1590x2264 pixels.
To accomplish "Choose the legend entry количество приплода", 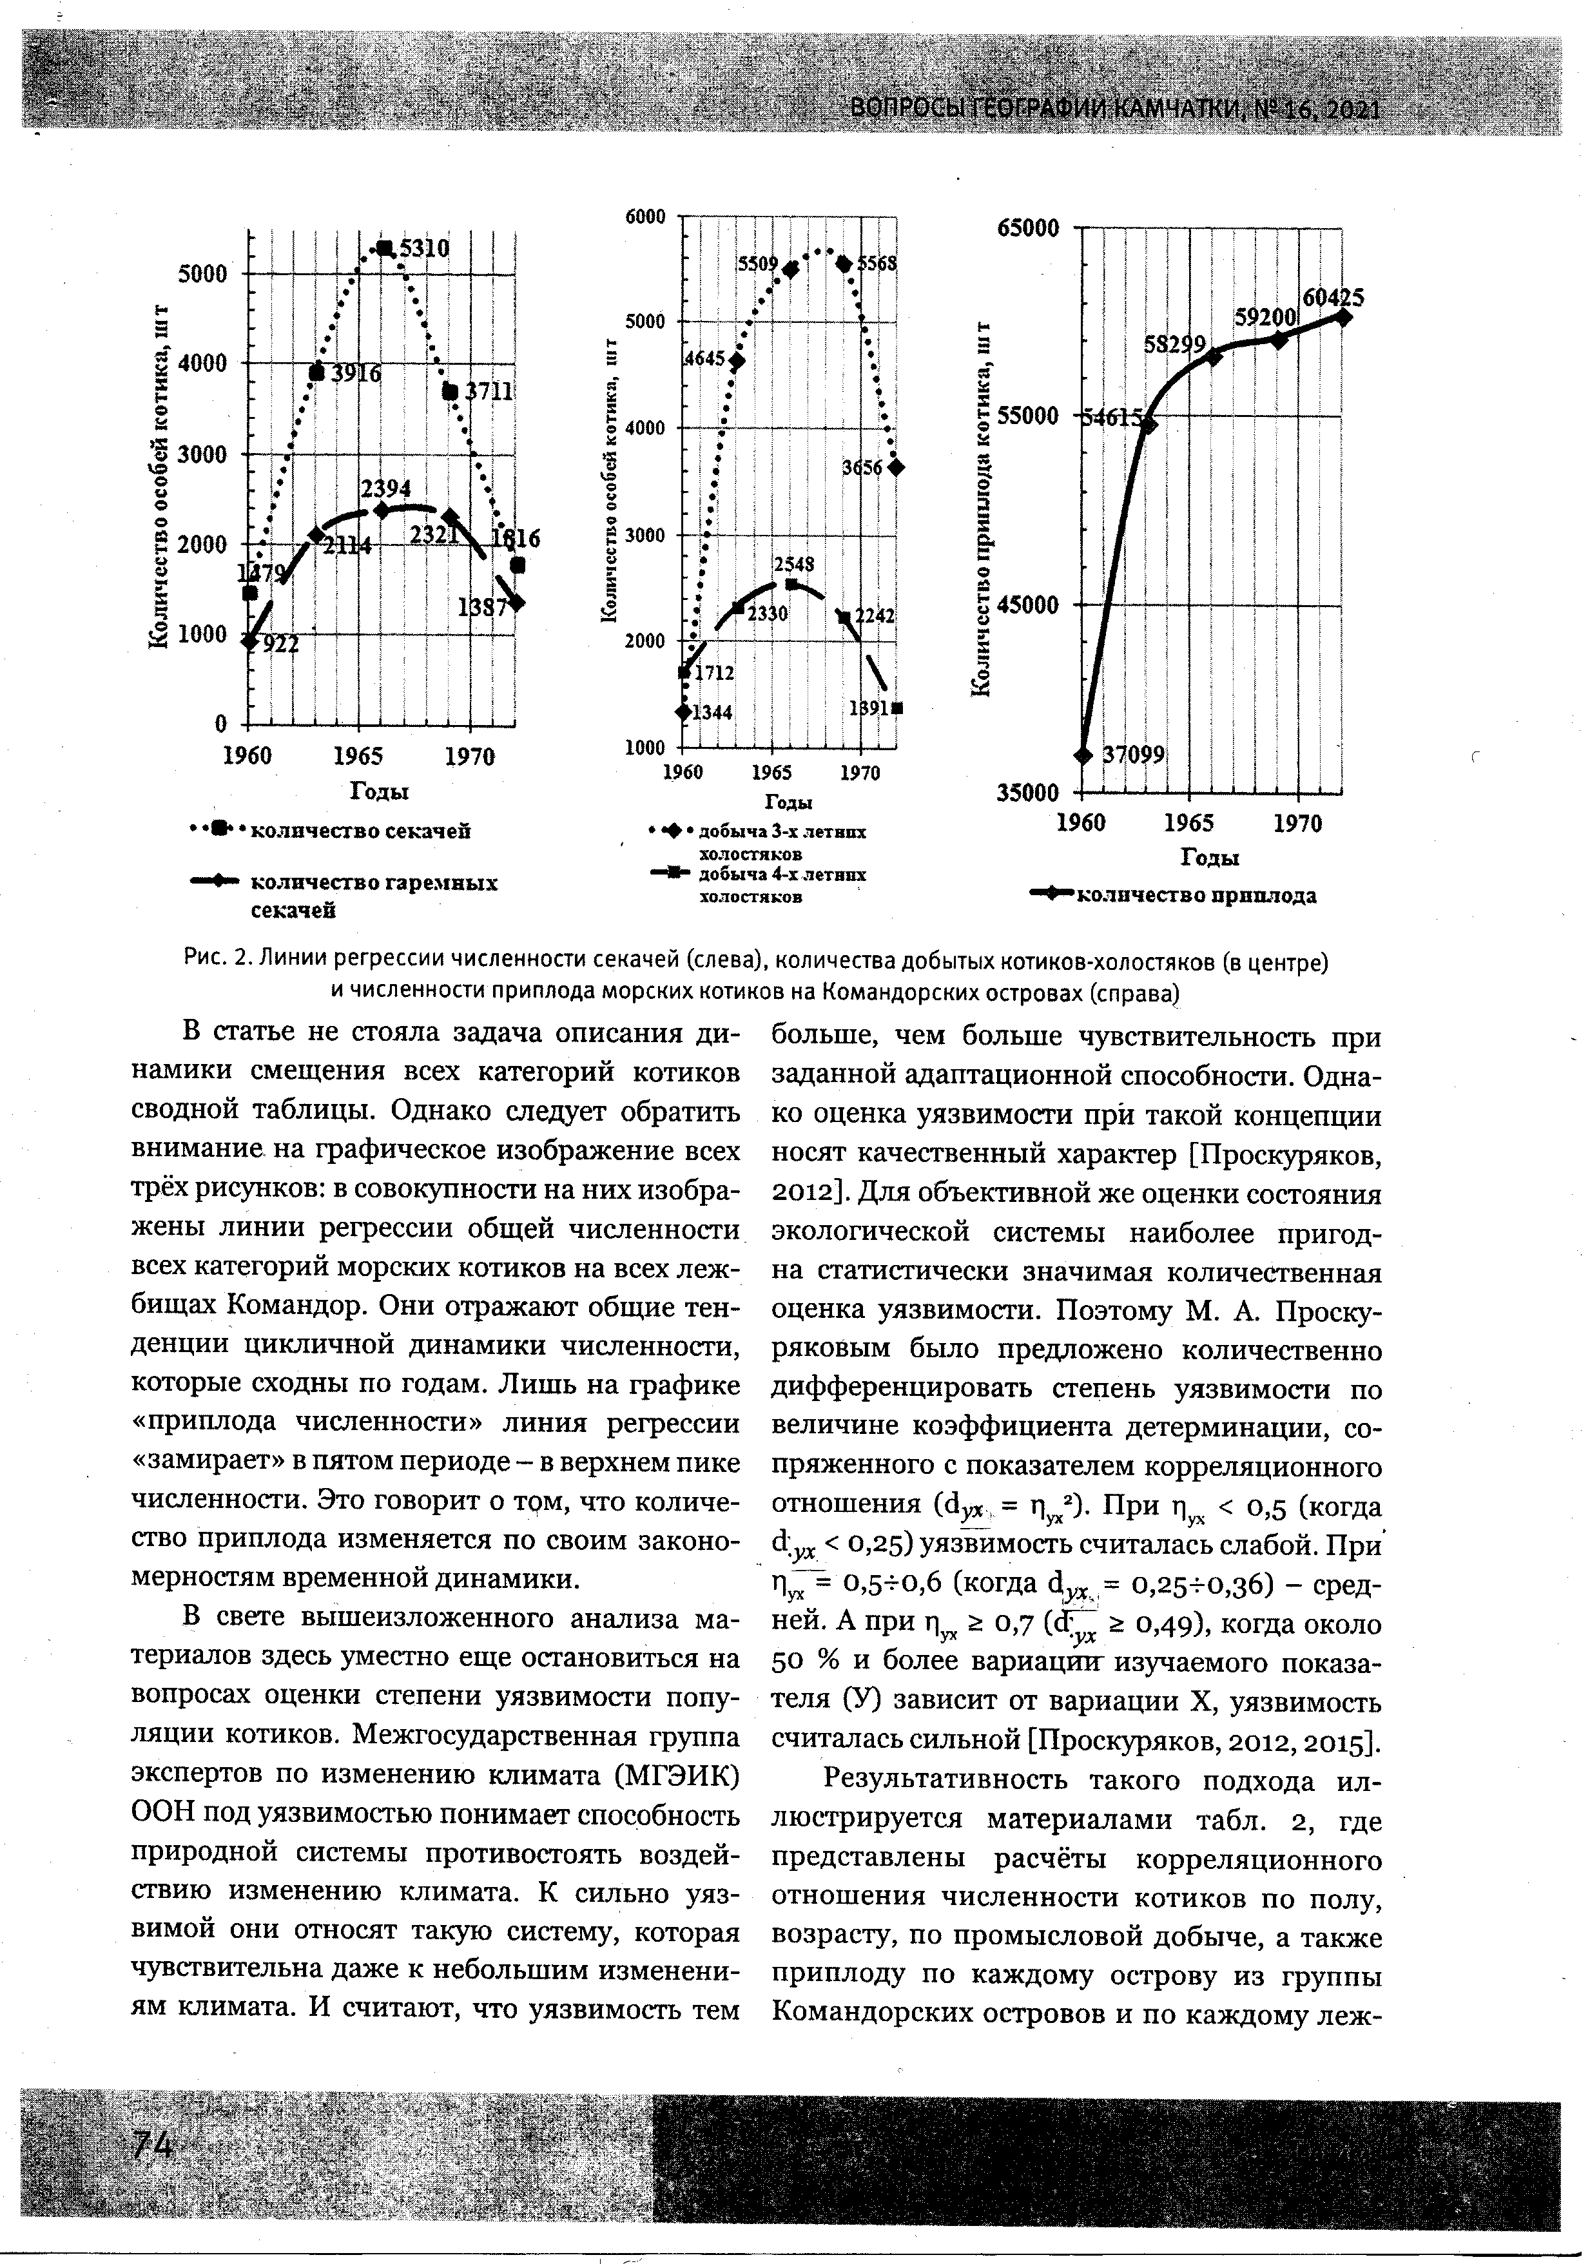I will (x=1194, y=895).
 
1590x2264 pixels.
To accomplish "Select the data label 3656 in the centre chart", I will (x=861, y=469).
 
